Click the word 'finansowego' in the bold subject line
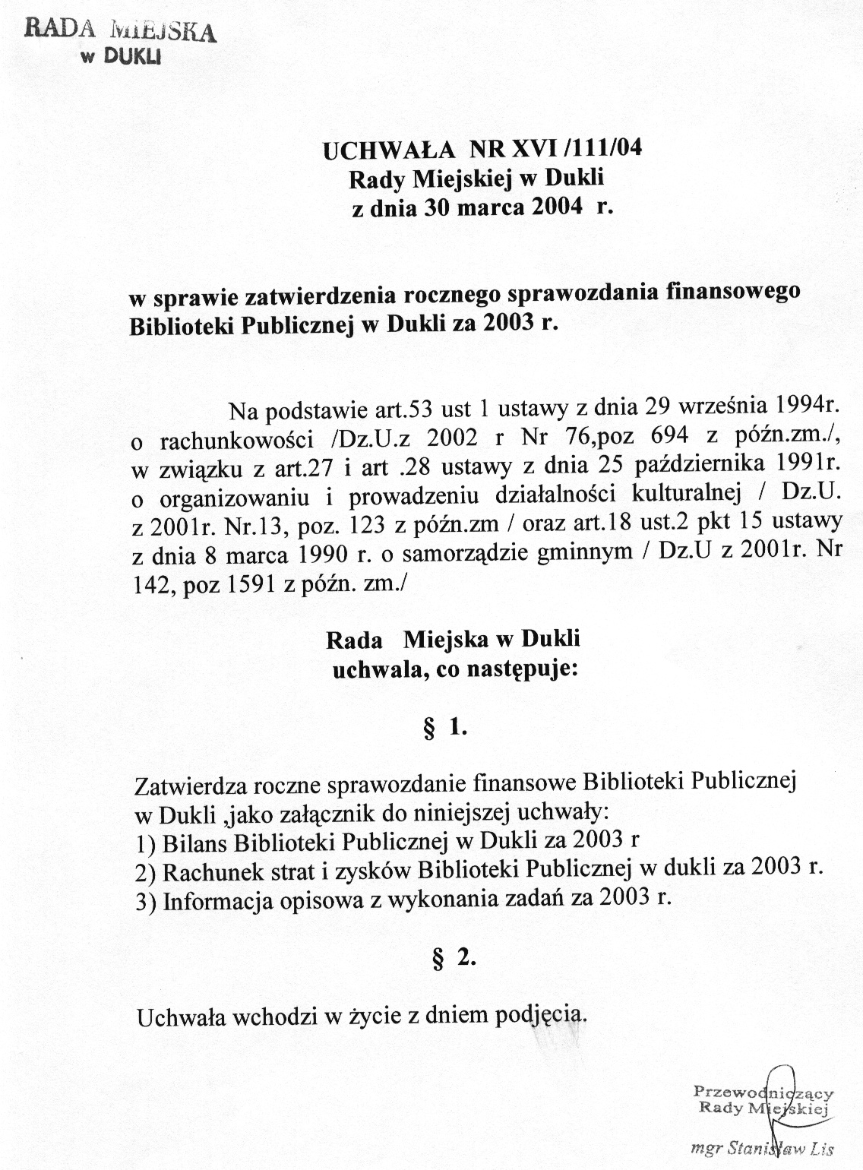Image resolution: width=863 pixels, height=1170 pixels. click(x=731, y=292)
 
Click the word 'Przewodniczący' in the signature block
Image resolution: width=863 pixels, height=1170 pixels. click(x=763, y=1092)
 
